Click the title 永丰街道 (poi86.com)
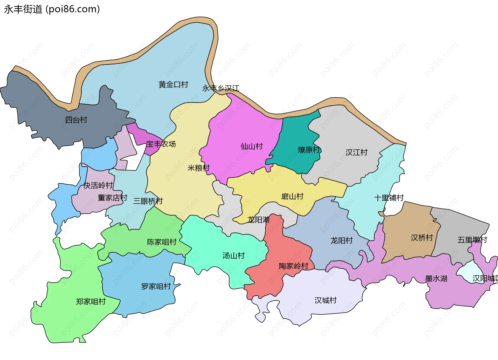(52, 9)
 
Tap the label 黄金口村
(173, 85)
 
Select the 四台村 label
(76, 120)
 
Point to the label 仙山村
(252, 146)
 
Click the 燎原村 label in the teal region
(308, 150)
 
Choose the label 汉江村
(356, 152)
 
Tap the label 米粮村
(198, 168)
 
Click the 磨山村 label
(292, 196)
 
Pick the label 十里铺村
(389, 198)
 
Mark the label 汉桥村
(422, 238)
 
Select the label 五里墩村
(472, 240)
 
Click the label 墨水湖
(436, 279)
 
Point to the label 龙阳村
(341, 240)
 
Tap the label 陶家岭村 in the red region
(293, 266)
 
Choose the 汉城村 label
(326, 300)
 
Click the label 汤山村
(233, 255)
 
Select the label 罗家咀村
(156, 286)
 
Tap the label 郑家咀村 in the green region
(91, 301)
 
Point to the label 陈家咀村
(162, 242)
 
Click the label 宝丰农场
(161, 144)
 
